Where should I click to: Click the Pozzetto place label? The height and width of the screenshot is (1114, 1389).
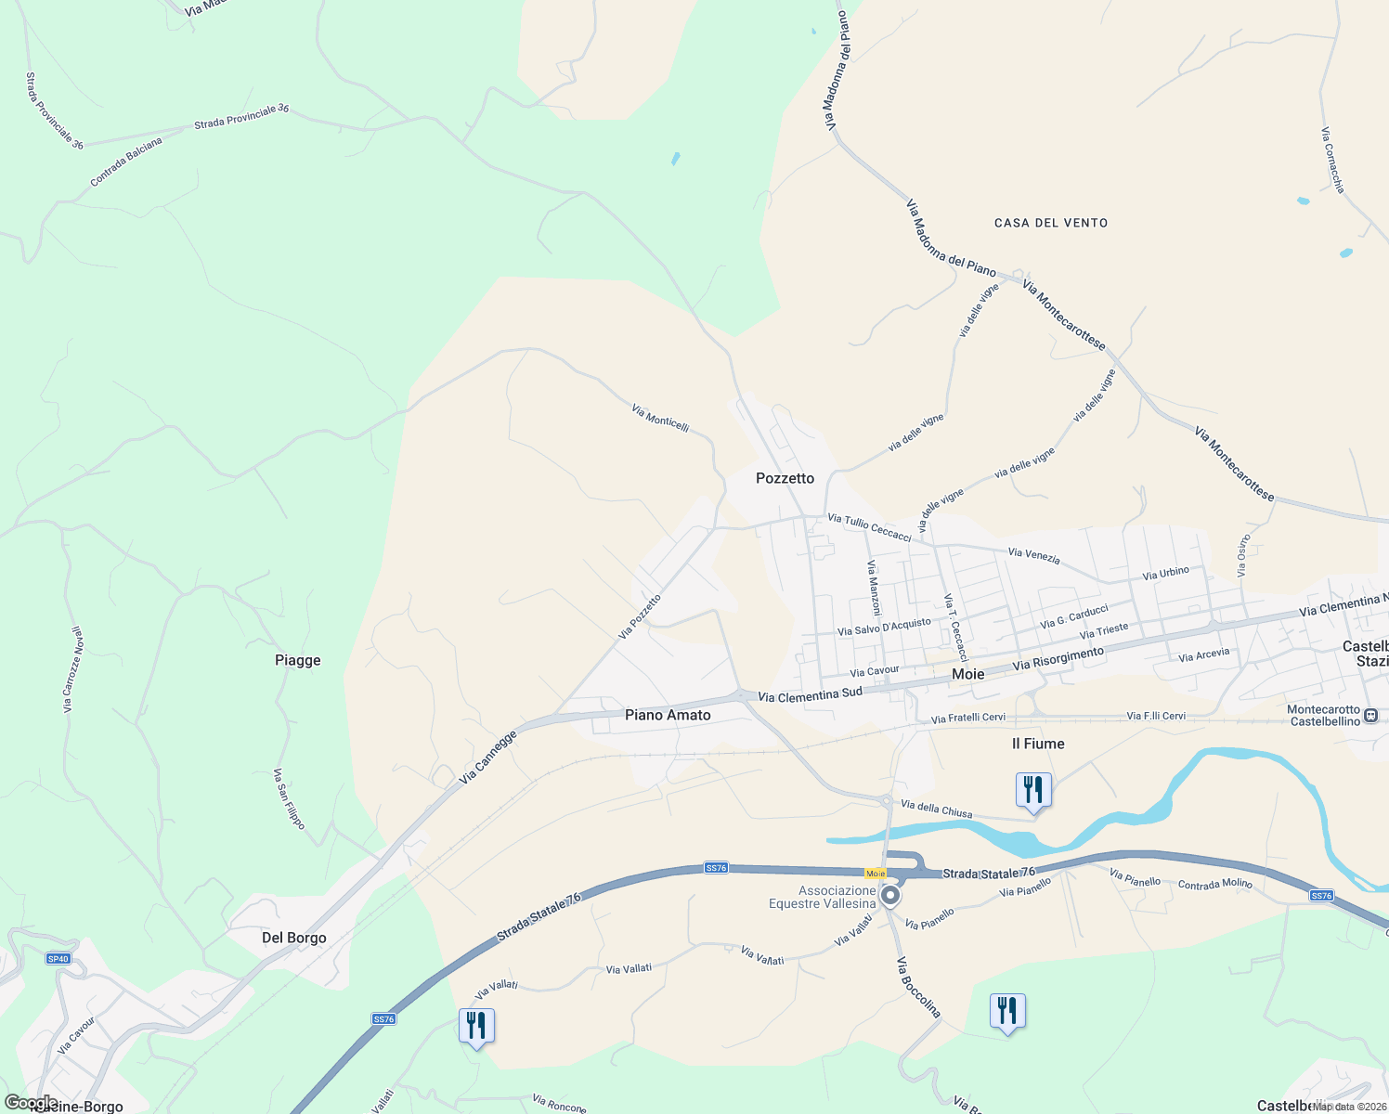click(785, 478)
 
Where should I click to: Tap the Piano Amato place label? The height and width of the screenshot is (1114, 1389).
click(668, 715)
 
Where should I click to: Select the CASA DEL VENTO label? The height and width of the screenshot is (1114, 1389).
click(1050, 223)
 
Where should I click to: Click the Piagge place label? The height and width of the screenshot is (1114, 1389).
click(298, 660)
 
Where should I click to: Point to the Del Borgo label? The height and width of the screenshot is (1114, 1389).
click(294, 938)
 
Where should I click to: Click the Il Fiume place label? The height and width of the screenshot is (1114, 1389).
click(1038, 744)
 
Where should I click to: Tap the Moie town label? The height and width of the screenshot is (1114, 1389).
click(967, 674)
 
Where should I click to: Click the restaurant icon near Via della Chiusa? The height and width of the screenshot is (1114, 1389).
click(1033, 790)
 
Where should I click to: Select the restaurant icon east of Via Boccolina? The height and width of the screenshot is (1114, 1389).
click(1007, 1011)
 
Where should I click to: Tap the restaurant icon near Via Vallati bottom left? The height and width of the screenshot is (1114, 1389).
click(476, 1026)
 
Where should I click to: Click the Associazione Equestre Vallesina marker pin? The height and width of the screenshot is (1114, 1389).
click(890, 896)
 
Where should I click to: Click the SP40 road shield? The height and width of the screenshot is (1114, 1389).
click(58, 958)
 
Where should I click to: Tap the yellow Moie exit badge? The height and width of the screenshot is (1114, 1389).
click(875, 874)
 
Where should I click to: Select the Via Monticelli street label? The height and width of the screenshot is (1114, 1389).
click(660, 418)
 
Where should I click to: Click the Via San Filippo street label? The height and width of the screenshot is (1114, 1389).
click(288, 798)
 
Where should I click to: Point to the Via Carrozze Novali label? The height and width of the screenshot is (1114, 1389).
click(72, 669)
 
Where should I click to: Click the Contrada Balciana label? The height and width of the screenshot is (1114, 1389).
click(126, 162)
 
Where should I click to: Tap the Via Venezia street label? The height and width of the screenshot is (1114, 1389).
click(1033, 555)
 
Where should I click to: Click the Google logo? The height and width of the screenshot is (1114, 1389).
click(31, 1102)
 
